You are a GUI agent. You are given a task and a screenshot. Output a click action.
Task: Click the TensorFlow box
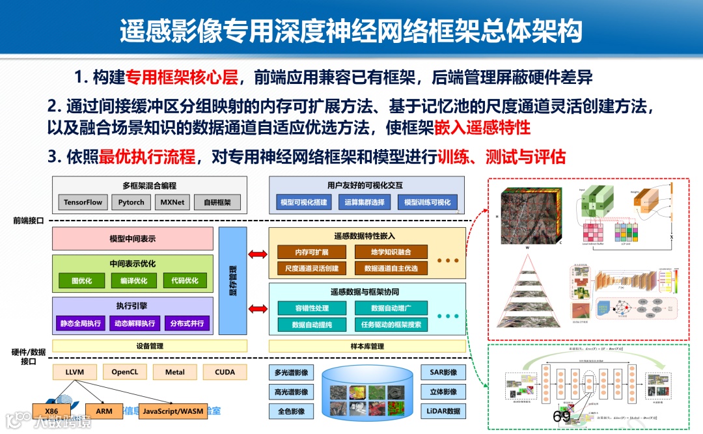pos(83,202)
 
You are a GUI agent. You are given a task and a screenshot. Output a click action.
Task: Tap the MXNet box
pos(173,202)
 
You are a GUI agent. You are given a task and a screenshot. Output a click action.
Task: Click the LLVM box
pos(74,372)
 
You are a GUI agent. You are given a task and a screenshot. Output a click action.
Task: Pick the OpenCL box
pos(125,372)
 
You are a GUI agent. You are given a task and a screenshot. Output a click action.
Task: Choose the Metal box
pos(174,372)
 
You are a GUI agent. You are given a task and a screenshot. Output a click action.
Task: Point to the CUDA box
pos(225,372)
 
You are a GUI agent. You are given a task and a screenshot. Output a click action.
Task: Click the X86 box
pos(51,411)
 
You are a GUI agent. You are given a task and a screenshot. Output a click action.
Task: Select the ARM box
pos(104,411)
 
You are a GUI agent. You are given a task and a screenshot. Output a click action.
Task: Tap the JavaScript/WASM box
pos(172,411)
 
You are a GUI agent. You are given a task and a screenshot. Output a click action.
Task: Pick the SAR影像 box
pos(444,373)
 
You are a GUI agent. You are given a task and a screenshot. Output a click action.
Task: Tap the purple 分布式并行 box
pos(187,323)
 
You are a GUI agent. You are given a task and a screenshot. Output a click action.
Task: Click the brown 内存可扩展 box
pos(312,252)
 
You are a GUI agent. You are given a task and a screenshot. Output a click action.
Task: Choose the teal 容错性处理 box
pos(312,308)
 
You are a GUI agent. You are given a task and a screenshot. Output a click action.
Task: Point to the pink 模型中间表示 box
pos(133,239)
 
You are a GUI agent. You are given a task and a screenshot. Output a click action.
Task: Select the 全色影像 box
pos(291,411)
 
